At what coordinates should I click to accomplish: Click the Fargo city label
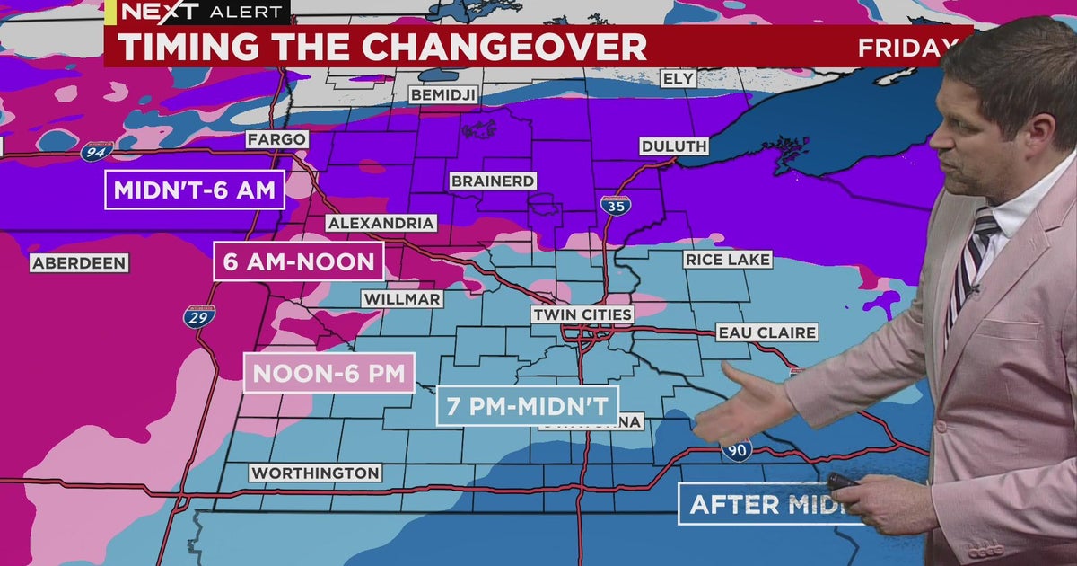point(278,140)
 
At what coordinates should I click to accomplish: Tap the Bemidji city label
point(443,94)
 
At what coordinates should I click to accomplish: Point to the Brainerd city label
point(493,181)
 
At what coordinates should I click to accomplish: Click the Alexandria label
point(381,223)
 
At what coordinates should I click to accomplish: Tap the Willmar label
point(401,298)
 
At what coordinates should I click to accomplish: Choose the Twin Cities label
point(582,314)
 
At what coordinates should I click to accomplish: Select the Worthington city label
point(314,473)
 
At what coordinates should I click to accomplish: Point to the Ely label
point(678,79)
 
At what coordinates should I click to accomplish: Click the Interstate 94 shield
point(94,153)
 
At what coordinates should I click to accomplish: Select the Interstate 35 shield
point(615,204)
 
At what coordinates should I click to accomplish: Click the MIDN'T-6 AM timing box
point(195,190)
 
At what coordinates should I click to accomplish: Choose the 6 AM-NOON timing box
point(298,261)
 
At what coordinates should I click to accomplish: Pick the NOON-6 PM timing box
point(329,373)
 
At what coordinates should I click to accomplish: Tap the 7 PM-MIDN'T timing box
point(528,405)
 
